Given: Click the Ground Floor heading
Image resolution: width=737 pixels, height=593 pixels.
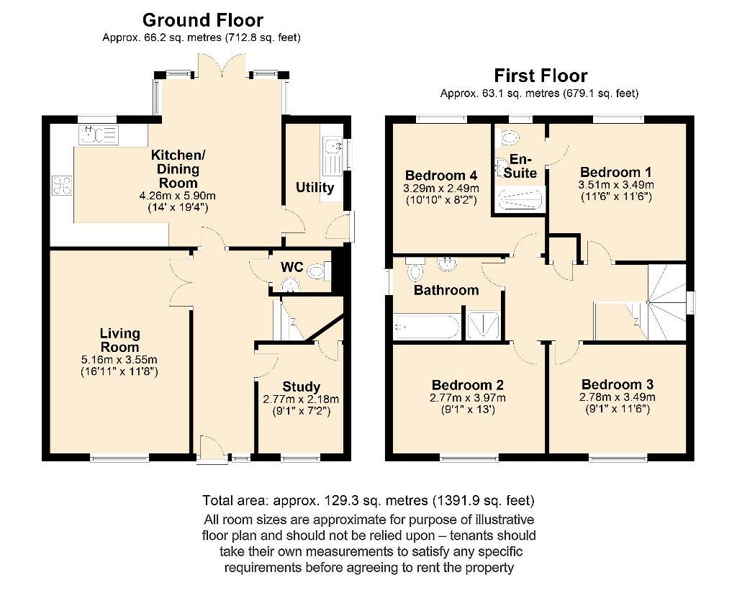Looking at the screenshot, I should (202, 19).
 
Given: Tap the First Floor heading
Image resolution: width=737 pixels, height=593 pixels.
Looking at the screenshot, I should (540, 76).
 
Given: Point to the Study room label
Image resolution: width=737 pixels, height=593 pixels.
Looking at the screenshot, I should (301, 386).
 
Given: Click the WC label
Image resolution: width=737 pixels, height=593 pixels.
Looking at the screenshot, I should (291, 267).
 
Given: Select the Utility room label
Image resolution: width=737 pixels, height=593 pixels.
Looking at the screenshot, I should (315, 188).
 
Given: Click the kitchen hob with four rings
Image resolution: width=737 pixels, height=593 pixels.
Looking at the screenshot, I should (61, 186).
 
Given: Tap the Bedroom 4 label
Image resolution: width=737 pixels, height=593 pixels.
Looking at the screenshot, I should (441, 176).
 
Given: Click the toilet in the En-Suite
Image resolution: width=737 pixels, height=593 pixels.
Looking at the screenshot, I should (509, 137).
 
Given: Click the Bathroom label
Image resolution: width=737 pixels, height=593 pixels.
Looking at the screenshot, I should (446, 290).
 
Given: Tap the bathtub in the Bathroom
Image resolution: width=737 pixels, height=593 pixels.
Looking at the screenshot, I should (426, 327).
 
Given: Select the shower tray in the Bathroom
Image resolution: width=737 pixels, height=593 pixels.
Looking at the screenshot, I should (484, 325).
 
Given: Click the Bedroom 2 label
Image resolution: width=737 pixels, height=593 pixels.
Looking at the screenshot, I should (467, 385).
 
